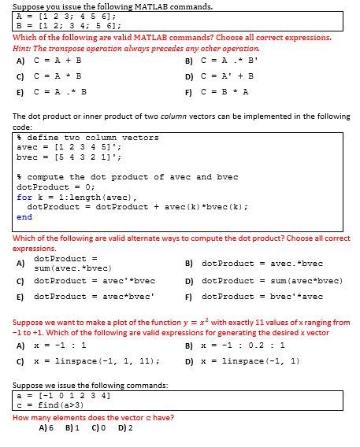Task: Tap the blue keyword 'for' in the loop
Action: pos(24,197)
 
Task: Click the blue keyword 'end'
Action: pos(24,216)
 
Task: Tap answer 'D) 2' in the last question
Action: pos(124,428)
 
